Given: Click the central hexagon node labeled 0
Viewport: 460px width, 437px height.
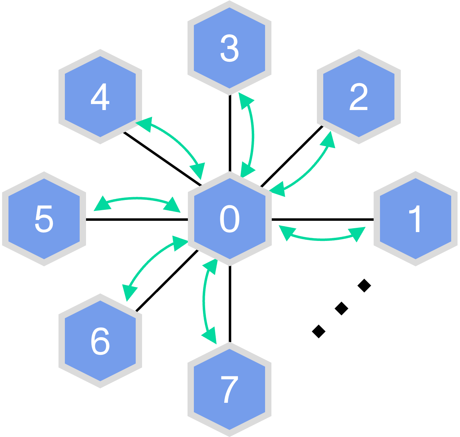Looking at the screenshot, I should pos(229,219).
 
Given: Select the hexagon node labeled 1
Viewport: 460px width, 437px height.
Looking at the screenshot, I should pos(416,219).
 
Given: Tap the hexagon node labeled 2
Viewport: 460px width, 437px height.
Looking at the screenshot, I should pos(358,97).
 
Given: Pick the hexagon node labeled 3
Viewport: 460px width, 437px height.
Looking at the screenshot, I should pos(229,48).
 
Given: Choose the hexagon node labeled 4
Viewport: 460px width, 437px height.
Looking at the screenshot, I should pos(100,97).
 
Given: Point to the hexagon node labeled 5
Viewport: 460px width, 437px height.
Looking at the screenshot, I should pos(44,219).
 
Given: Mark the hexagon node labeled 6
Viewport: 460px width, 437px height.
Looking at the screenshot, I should pos(100,341).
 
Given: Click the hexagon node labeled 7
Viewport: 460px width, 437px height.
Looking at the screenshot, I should pos(229,389).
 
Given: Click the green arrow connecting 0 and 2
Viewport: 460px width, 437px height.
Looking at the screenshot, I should pos(310,166).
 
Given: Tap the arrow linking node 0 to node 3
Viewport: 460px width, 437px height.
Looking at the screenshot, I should pos(253,134).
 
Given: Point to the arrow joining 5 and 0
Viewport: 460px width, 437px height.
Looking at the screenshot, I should pos(137,199).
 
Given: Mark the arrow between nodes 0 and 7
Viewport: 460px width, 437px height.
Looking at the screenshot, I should pos(204,300).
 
